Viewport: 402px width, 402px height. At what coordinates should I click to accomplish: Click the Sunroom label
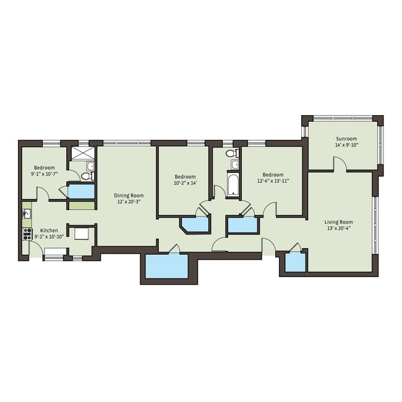(x=346, y=139)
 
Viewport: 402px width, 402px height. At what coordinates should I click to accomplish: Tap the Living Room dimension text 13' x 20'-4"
(x=338, y=228)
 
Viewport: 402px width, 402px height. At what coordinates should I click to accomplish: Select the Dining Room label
(x=129, y=195)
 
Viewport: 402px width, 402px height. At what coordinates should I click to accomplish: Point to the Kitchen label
(x=49, y=230)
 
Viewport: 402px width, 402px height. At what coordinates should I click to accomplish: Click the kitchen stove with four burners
(x=27, y=233)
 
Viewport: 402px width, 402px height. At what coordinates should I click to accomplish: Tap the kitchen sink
(x=27, y=214)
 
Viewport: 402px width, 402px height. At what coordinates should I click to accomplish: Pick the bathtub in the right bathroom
(x=233, y=185)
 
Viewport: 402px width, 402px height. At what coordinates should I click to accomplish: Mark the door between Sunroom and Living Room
(x=339, y=165)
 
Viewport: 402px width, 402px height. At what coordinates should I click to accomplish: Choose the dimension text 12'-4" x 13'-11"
(x=273, y=181)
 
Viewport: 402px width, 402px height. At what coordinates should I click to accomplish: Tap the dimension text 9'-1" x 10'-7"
(x=45, y=174)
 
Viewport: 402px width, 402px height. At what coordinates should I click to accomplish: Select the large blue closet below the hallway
(x=166, y=267)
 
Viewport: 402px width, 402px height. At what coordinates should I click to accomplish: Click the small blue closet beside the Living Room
(x=296, y=262)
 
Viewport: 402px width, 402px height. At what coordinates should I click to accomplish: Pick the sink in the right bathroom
(x=235, y=165)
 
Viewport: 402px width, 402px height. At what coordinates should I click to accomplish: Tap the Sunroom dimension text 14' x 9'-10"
(x=346, y=145)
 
